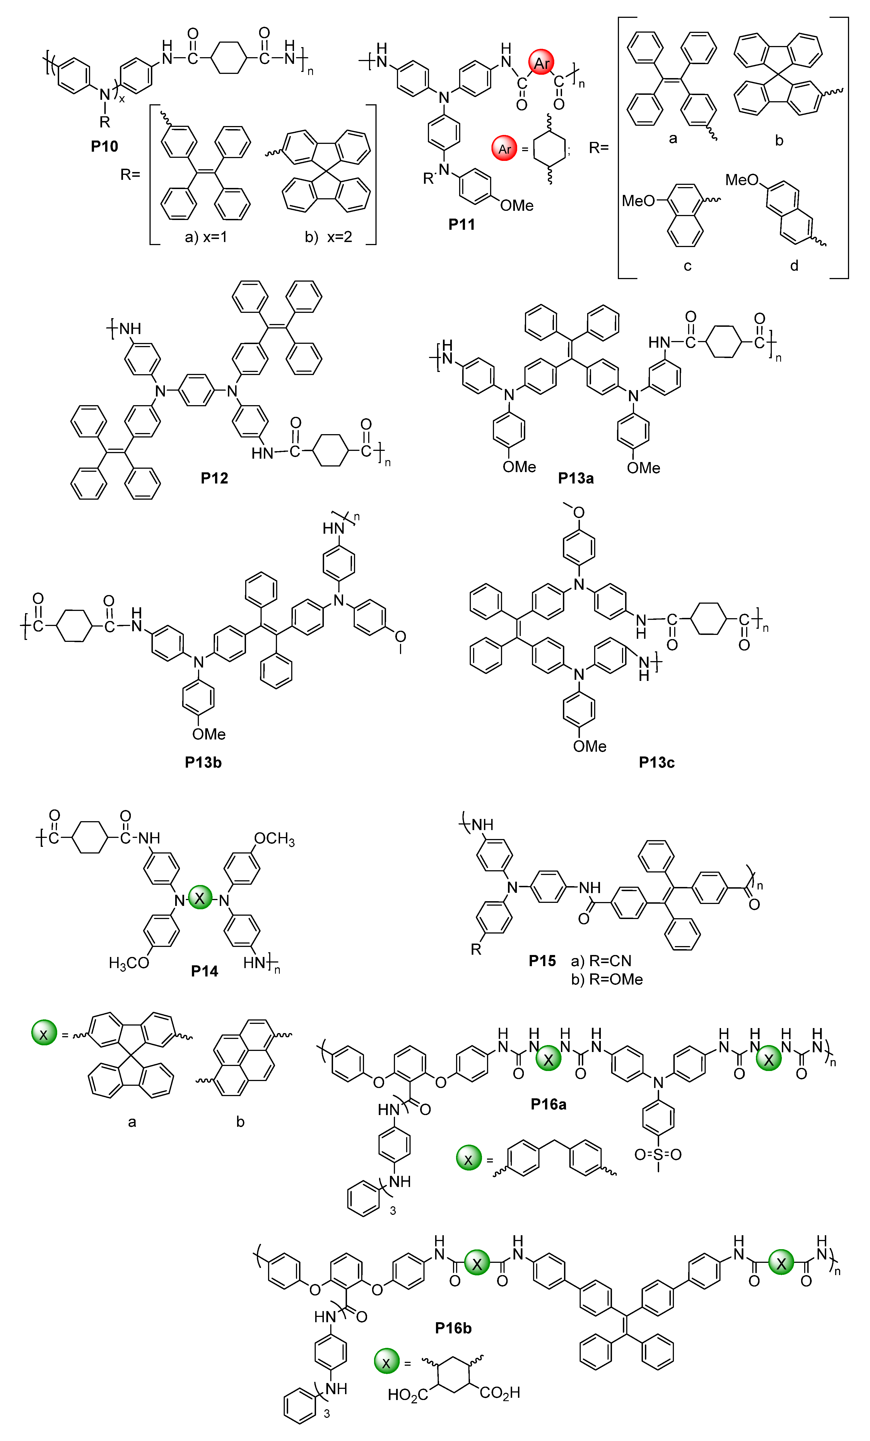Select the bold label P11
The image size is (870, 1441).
point(462,224)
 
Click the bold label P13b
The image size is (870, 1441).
point(203,762)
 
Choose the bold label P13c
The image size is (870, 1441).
point(656,762)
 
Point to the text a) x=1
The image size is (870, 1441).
point(206,237)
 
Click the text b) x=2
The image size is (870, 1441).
point(328,237)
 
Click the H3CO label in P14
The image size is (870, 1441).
point(129,963)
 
